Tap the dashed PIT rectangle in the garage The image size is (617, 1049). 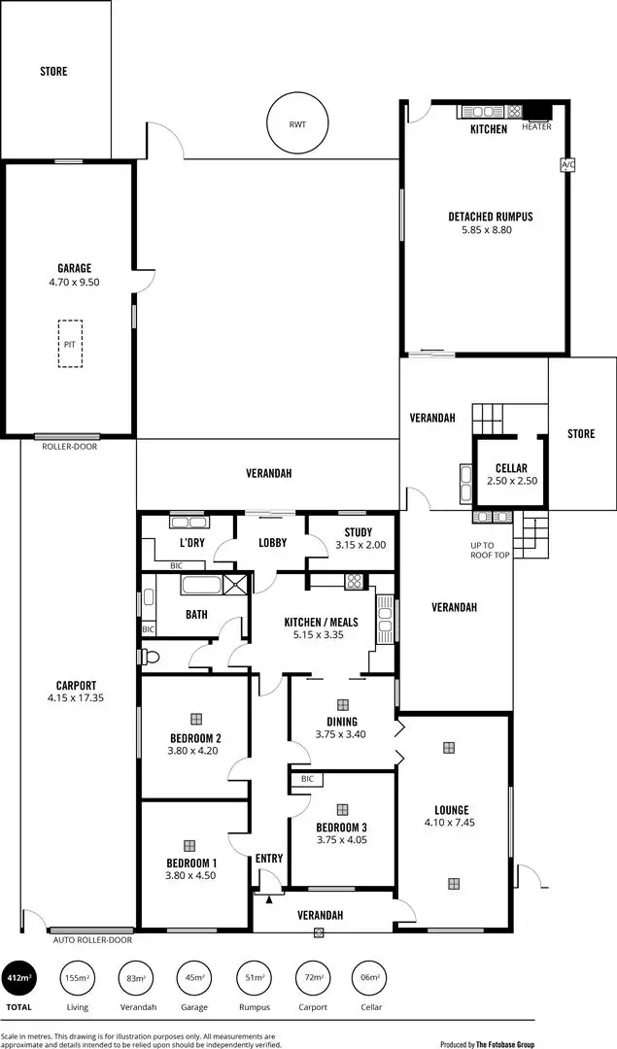click(x=70, y=344)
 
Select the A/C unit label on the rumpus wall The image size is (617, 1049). click(x=567, y=165)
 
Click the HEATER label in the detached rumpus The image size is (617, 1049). click(x=536, y=127)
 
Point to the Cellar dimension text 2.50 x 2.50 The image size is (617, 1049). click(x=511, y=481)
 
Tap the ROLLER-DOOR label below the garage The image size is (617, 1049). click(x=69, y=447)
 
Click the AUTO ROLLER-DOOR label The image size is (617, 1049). click(x=91, y=940)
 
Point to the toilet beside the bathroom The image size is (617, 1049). click(x=150, y=657)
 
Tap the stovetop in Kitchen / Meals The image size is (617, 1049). click(x=354, y=582)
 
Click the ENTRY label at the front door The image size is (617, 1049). click(x=269, y=859)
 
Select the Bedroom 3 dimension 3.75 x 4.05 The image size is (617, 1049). click(x=341, y=841)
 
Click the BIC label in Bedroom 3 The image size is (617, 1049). click(x=306, y=779)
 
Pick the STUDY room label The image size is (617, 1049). click(x=358, y=531)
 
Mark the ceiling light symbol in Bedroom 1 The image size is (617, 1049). click(x=189, y=845)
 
